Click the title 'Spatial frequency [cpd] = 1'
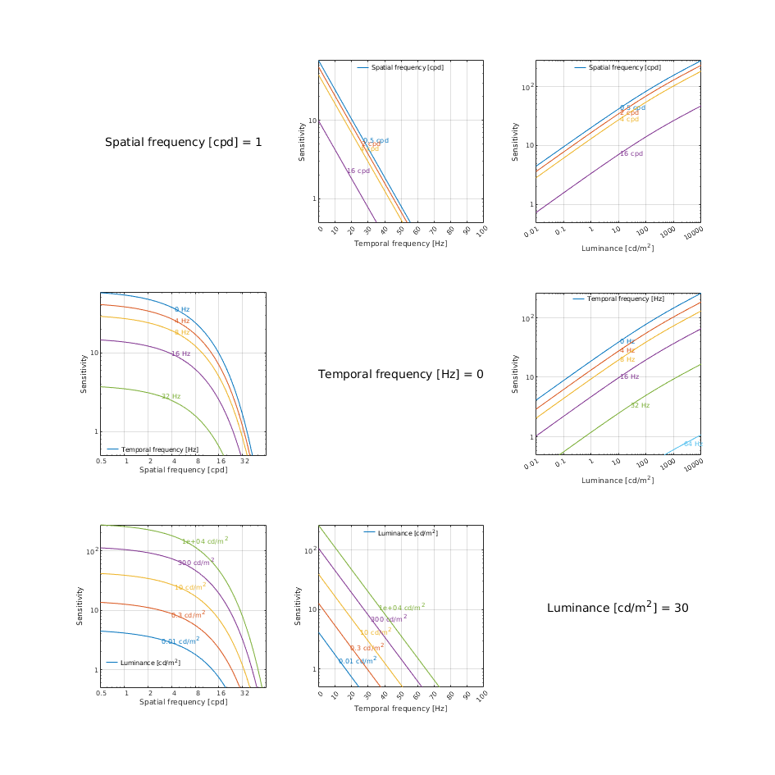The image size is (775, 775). click(x=184, y=142)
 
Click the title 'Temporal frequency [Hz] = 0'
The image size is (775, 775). click(x=400, y=374)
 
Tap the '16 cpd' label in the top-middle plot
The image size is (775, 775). click(x=358, y=171)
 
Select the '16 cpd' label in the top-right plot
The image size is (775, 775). click(x=631, y=153)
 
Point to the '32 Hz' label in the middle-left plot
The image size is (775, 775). click(x=171, y=396)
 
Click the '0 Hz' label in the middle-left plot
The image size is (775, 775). click(x=181, y=309)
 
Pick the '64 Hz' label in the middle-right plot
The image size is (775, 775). click(x=692, y=444)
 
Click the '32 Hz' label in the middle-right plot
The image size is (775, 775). click(x=640, y=405)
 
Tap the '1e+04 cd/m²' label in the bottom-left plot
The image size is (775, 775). click(x=205, y=540)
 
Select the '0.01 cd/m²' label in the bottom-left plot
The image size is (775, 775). click(x=180, y=641)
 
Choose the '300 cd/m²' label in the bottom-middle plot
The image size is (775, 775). click(x=389, y=618)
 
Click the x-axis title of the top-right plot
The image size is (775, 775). click(x=618, y=248)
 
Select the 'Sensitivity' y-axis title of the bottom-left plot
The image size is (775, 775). click(x=81, y=605)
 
